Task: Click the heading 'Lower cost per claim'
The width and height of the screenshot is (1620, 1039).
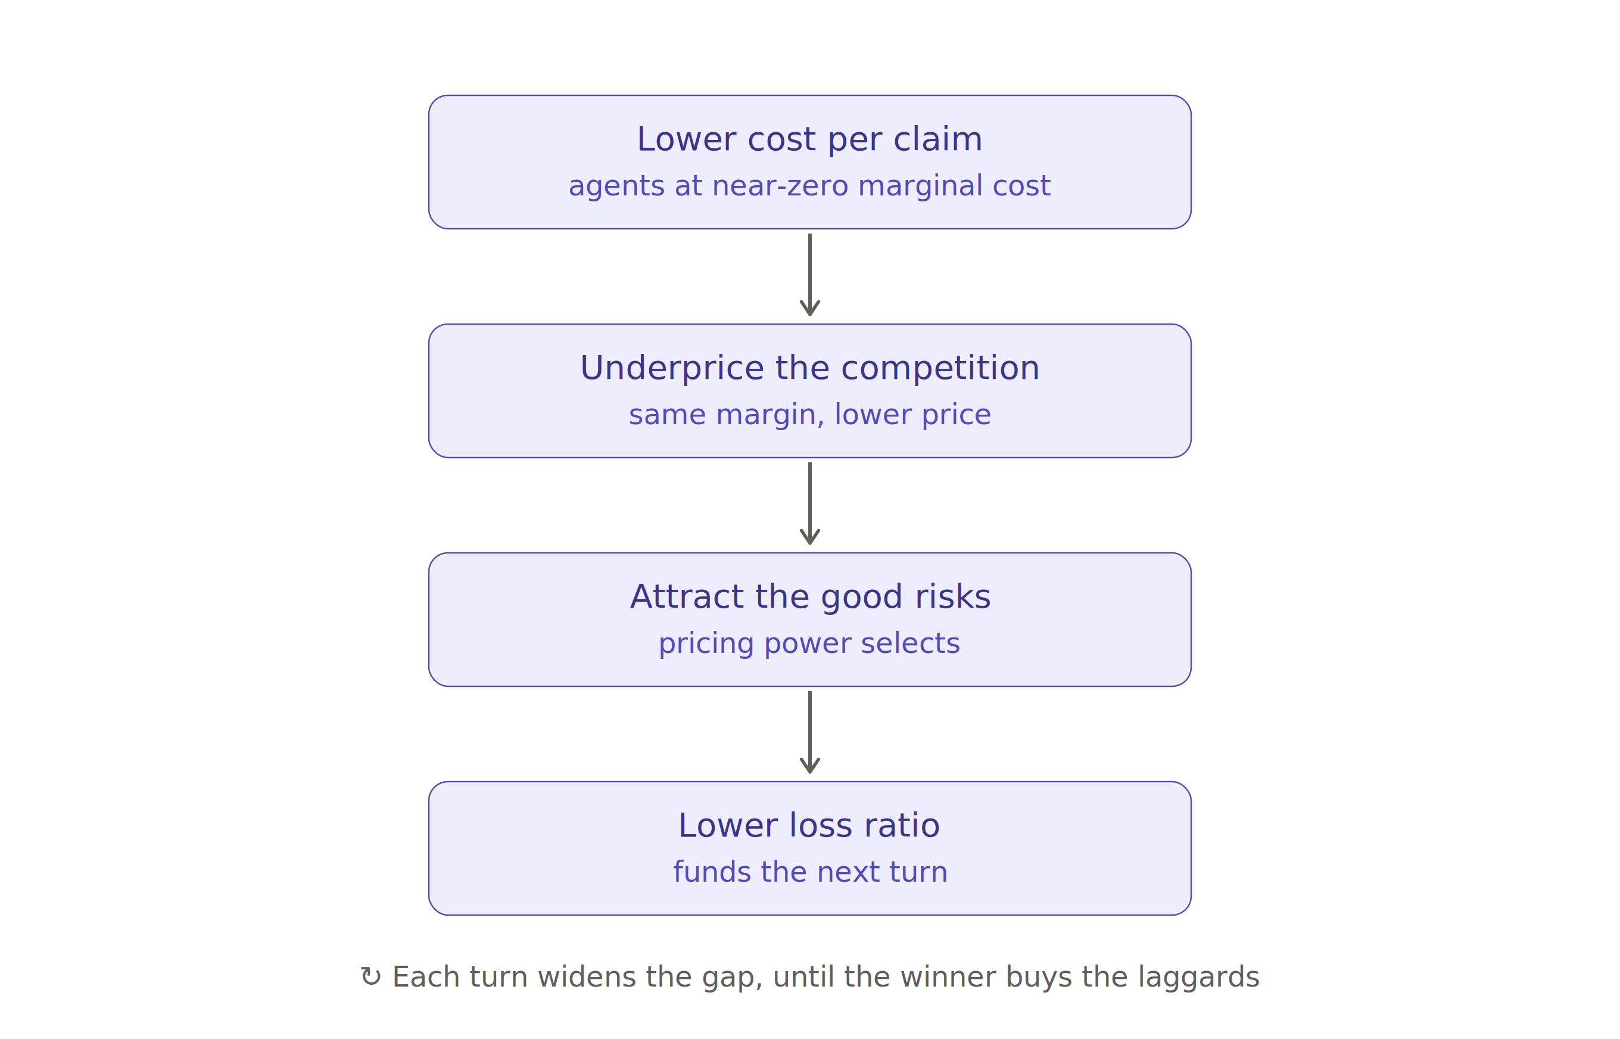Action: tap(809, 139)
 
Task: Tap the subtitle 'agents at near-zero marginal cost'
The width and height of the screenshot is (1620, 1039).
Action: tap(809, 185)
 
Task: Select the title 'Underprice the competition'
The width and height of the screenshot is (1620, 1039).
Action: tap(809, 368)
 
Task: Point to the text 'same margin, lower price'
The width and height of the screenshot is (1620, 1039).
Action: tap(809, 414)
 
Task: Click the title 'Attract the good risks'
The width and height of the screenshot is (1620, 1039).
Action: tap(809, 597)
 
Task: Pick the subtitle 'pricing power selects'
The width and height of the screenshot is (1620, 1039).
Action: tap(809, 643)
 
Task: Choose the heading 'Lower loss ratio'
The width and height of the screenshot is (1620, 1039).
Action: tap(809, 826)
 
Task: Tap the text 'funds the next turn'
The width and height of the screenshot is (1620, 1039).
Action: tap(809, 872)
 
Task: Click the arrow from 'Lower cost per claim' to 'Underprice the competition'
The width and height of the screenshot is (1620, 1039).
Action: tap(810, 275)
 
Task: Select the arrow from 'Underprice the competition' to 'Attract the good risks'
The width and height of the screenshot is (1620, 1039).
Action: tap(810, 503)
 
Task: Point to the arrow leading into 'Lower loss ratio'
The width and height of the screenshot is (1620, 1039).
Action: tap(810, 732)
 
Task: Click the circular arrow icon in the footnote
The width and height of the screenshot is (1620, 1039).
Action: tap(371, 977)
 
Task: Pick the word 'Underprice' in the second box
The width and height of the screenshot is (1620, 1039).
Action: tap(672, 368)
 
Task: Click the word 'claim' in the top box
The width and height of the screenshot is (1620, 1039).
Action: tap(938, 139)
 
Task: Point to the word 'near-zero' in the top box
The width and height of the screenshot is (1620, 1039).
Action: tap(780, 185)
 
